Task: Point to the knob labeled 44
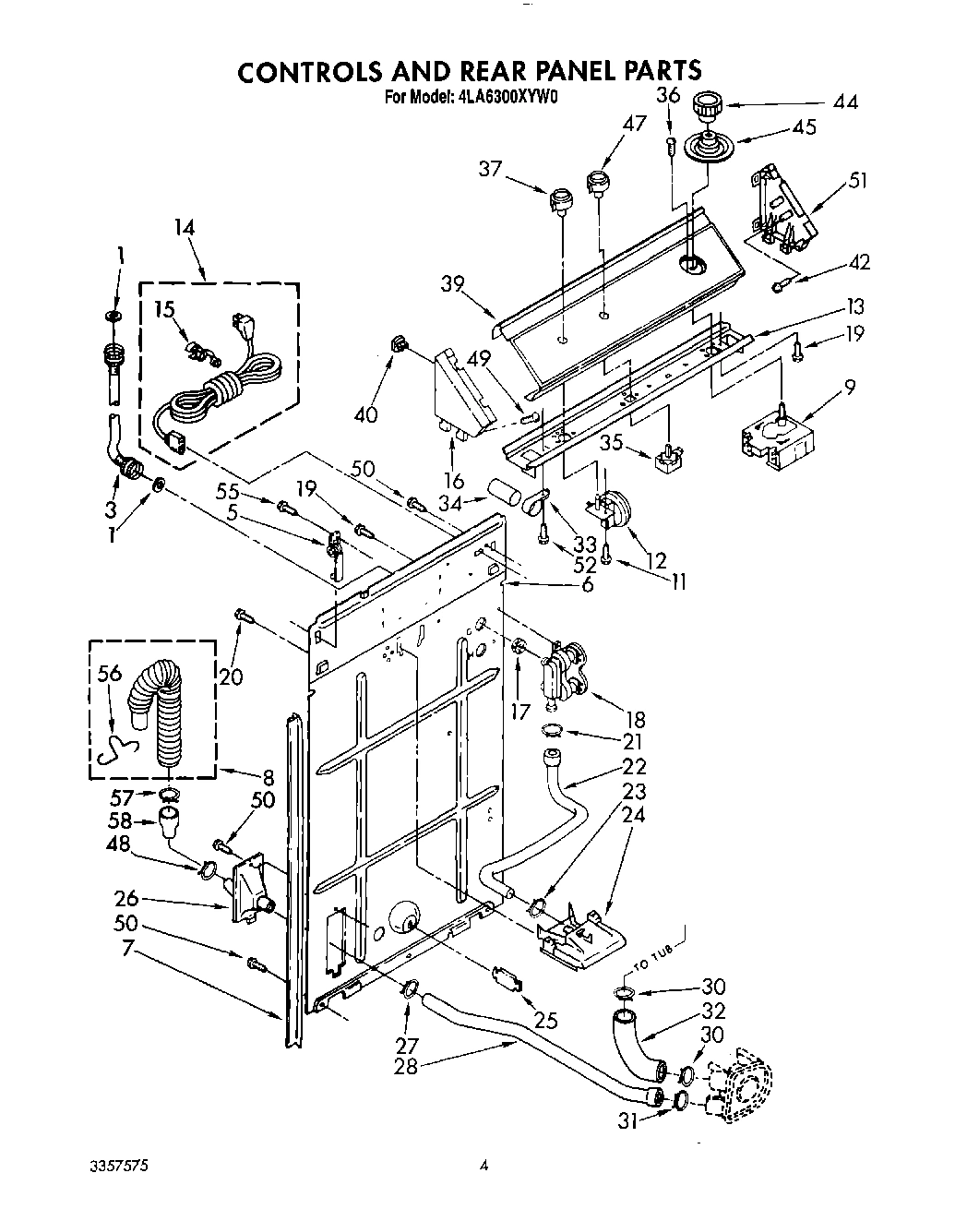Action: coord(709,107)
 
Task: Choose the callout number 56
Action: coord(109,675)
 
